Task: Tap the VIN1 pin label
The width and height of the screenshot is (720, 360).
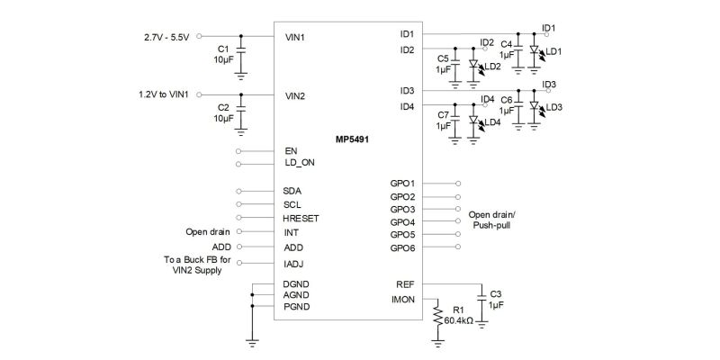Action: pos(295,38)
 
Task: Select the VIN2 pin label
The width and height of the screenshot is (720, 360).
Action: pos(295,95)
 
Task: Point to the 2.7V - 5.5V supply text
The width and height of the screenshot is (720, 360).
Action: pos(167,38)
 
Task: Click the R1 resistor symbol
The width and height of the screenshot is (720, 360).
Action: pos(437,316)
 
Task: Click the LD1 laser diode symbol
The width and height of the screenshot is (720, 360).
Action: pos(534,51)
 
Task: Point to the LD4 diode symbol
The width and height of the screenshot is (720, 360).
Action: pos(473,120)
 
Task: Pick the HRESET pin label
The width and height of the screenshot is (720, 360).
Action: pos(301,219)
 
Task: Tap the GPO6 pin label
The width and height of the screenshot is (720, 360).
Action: pos(402,247)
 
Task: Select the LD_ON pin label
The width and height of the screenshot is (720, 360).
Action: pos(300,164)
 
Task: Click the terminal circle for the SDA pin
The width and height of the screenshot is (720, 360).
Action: pos(238,192)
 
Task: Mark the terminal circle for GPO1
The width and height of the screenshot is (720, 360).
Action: pos(458,183)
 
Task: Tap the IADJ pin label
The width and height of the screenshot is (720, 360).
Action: pos(293,264)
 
